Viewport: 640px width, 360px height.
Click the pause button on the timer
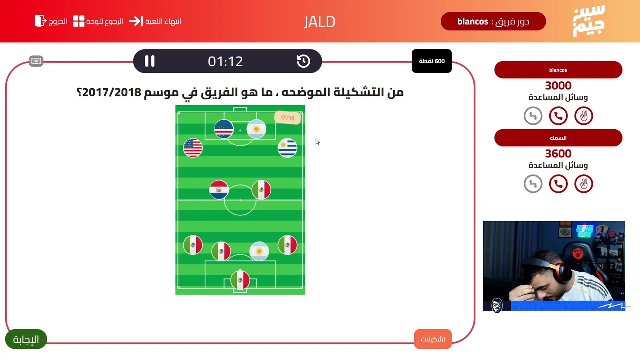click(149, 61)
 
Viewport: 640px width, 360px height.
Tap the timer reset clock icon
click(303, 61)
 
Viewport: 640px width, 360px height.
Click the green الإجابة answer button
click(26, 339)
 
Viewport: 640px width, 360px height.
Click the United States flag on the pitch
click(193, 148)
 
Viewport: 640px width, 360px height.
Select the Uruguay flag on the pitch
click(287, 148)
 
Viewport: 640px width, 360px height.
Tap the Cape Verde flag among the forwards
click(224, 129)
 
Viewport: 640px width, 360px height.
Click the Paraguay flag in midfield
click(219, 189)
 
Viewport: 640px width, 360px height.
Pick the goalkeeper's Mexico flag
click(240, 280)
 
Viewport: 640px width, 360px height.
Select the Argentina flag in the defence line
click(259, 251)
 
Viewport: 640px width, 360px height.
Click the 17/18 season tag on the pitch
click(287, 117)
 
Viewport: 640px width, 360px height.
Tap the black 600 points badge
click(431, 61)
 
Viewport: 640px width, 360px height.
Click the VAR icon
click(36, 61)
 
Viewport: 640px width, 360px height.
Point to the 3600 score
click(558, 153)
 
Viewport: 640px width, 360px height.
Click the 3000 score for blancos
click(558, 85)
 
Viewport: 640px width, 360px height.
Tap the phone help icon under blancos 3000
click(558, 116)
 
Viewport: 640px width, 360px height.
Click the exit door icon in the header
click(40, 21)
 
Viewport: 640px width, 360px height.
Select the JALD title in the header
click(319, 22)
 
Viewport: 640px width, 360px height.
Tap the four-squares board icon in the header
click(79, 21)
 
